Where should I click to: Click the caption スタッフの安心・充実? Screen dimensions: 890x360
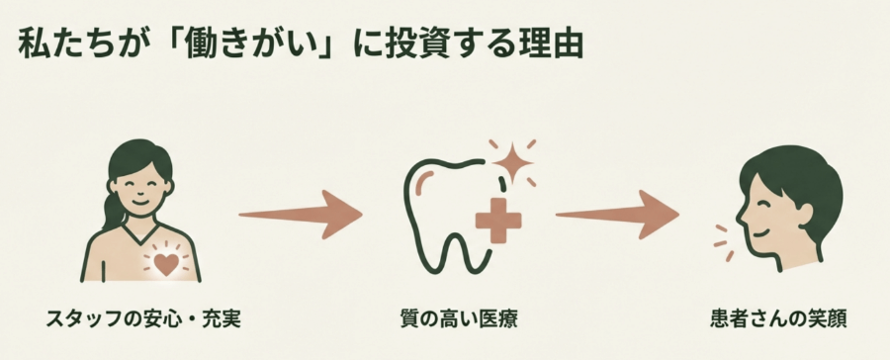point(144,319)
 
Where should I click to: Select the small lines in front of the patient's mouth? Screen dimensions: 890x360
point(723,242)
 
